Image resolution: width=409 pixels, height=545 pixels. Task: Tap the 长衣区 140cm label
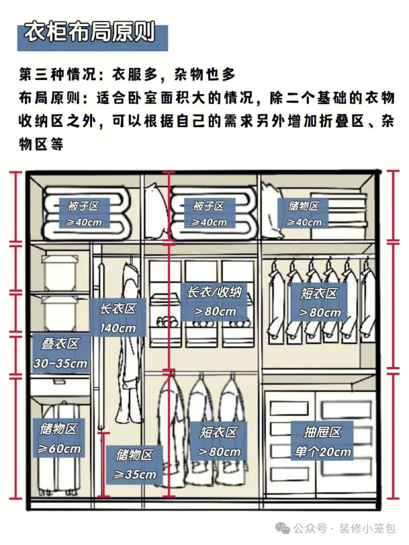point(118,318)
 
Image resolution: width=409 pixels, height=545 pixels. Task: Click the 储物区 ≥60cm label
point(59,438)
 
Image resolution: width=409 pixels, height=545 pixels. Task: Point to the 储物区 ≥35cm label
point(134,464)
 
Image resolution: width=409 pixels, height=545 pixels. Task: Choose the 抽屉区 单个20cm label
point(322,441)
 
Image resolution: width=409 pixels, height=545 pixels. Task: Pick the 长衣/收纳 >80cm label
point(214,302)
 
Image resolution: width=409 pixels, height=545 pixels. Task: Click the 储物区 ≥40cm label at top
point(303,214)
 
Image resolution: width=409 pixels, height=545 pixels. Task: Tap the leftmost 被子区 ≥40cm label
point(84,214)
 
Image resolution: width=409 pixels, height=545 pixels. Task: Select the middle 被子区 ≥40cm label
point(209,214)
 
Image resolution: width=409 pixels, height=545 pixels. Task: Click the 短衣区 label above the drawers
point(319,303)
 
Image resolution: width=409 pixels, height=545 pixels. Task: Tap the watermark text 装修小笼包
point(367,528)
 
